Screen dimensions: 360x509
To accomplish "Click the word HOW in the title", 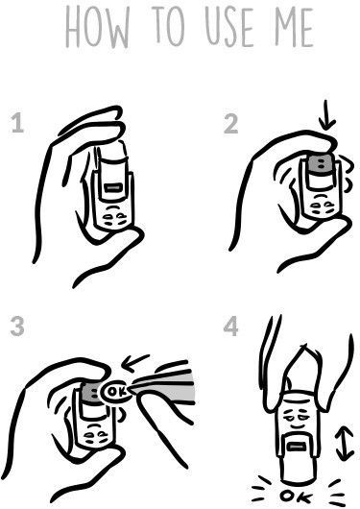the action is (97, 27).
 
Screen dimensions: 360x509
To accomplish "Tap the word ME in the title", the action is (294, 27).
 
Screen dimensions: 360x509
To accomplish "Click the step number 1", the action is (17, 123).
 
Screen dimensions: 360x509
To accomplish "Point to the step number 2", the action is (230, 124).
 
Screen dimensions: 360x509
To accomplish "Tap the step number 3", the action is (17, 327).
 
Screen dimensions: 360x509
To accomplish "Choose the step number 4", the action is (230, 327).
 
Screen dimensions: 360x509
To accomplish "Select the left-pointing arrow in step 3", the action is (135, 363).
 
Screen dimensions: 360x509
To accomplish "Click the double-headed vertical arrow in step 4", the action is (345, 444).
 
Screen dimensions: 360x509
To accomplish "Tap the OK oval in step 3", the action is (115, 392).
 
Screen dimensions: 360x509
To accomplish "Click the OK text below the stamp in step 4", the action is (296, 497).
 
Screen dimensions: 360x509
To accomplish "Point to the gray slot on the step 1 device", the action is (113, 188).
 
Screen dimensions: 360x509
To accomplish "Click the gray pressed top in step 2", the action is (321, 163).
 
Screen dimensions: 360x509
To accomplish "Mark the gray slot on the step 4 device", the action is (297, 448).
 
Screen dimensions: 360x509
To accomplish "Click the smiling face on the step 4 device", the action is (296, 419).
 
